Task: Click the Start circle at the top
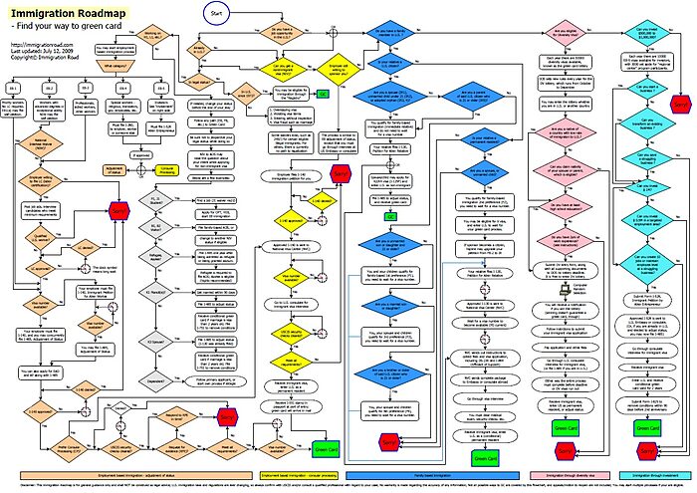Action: (x=222, y=13)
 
